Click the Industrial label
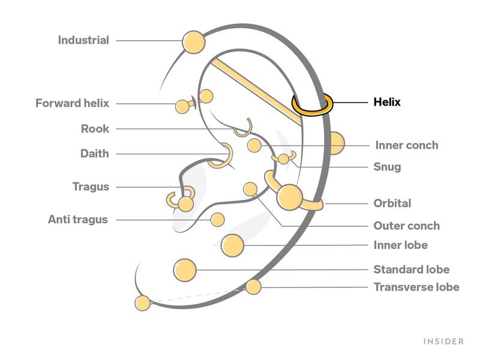pos(83,41)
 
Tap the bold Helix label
pos(387,103)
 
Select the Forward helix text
pos(72,103)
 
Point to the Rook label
pos(95,128)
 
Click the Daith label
pos(95,154)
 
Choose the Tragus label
pos(91,187)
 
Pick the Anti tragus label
pos(78,220)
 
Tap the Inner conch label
pos(406,145)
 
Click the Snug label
pos(387,167)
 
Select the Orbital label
pos(392,203)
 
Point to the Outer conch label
pos(406,226)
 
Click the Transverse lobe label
pos(416,287)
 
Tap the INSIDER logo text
pos(444,341)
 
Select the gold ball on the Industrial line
pos(193,42)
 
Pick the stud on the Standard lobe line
pos(184,270)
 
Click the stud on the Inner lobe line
pos(232,245)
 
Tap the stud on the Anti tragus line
pos(218,220)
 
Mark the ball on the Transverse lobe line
pos(253,287)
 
